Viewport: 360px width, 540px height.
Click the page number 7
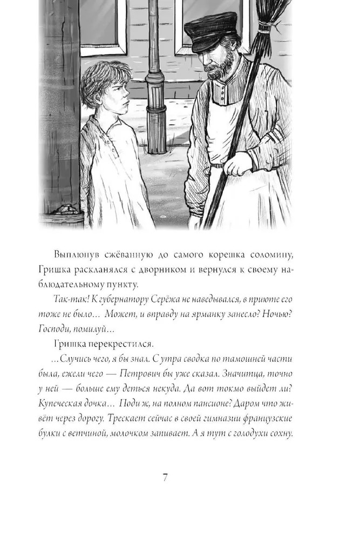166,478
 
